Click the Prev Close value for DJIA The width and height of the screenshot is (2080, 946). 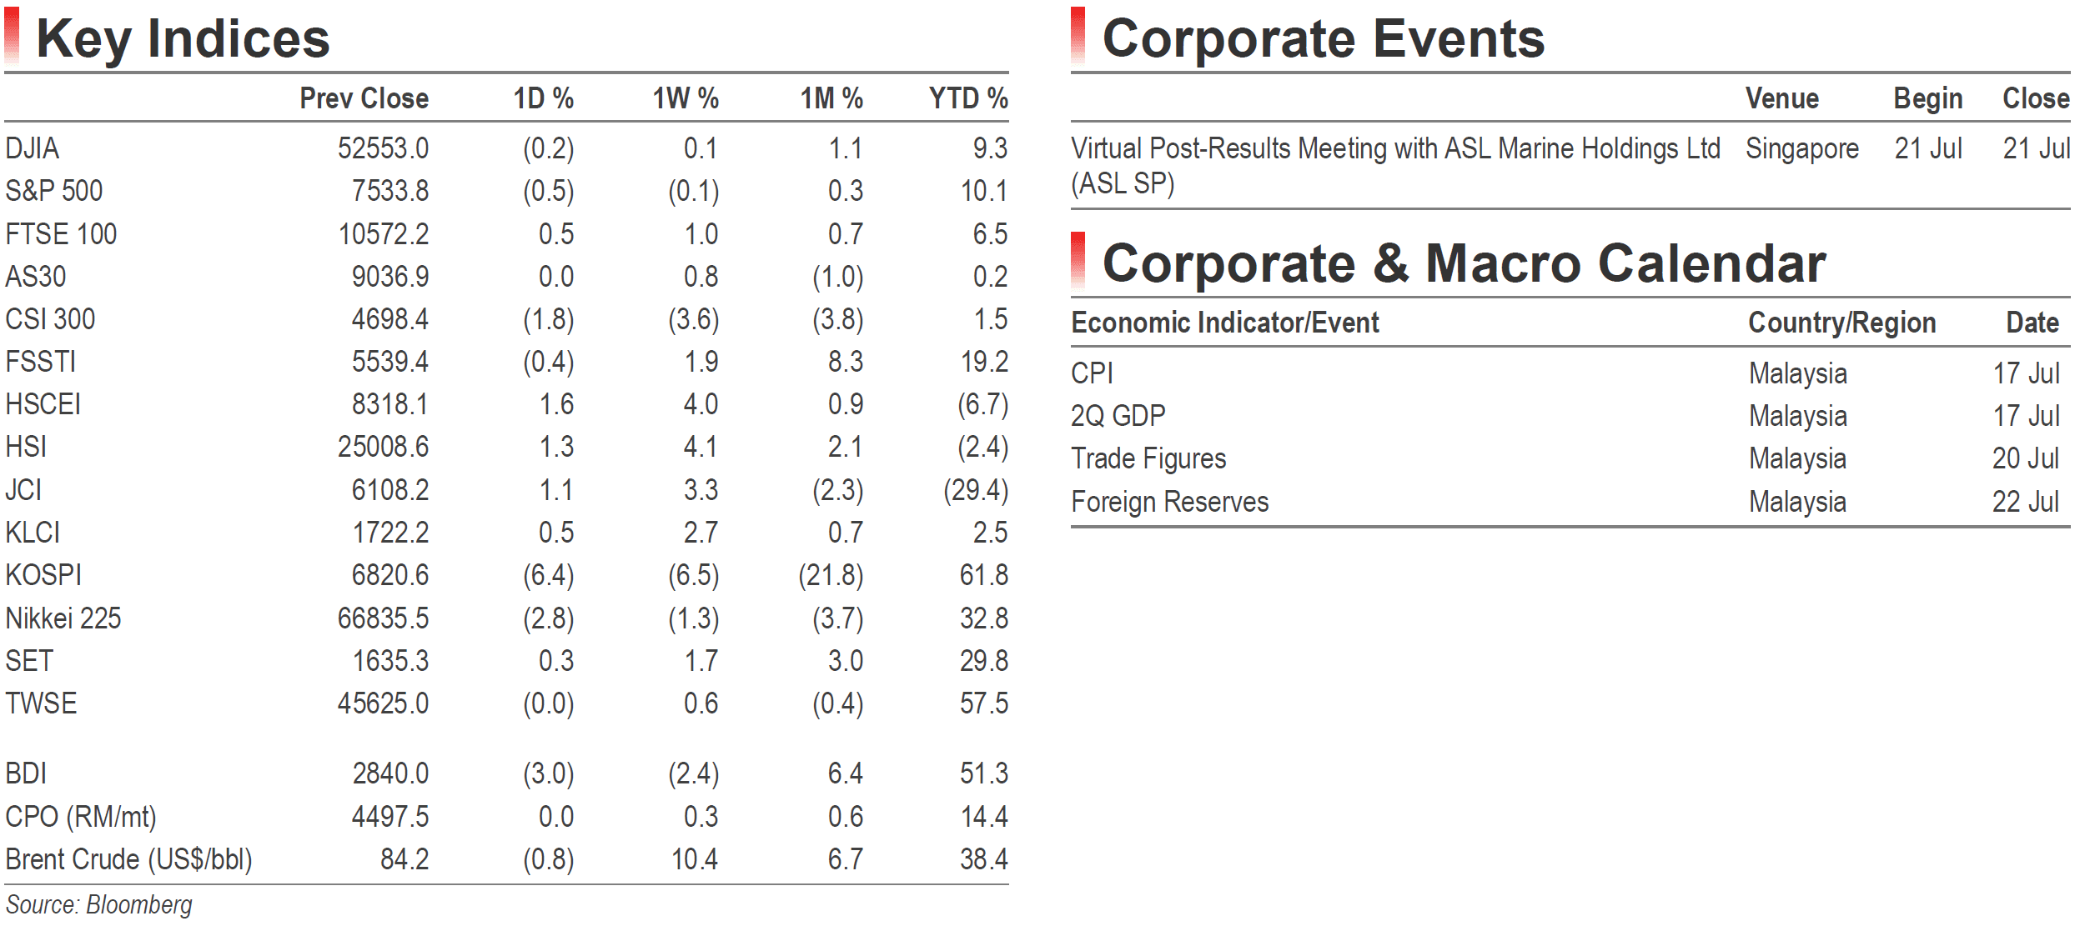[383, 148]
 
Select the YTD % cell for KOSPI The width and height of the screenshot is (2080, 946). [984, 575]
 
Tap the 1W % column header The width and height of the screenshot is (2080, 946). [686, 98]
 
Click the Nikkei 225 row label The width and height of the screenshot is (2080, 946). [63, 618]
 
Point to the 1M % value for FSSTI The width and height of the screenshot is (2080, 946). [846, 362]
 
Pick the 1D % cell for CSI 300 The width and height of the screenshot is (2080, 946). [549, 319]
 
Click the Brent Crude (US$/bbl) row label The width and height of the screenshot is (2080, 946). [129, 859]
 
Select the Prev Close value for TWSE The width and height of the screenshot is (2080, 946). [383, 703]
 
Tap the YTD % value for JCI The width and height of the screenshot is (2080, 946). [976, 490]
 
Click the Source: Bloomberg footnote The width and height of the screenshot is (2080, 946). [99, 904]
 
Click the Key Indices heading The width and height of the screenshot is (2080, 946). [183, 38]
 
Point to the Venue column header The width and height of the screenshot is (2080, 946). [1782, 98]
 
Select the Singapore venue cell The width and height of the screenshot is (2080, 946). [1802, 148]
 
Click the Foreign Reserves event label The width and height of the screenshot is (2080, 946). [1170, 502]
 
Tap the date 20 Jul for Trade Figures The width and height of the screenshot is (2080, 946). [2026, 458]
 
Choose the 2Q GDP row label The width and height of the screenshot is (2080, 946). [1118, 415]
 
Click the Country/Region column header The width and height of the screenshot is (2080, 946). [1842, 323]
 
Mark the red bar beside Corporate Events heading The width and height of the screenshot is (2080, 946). [1078, 35]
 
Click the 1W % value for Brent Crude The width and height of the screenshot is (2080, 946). [695, 859]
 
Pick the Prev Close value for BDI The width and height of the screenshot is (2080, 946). [390, 773]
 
